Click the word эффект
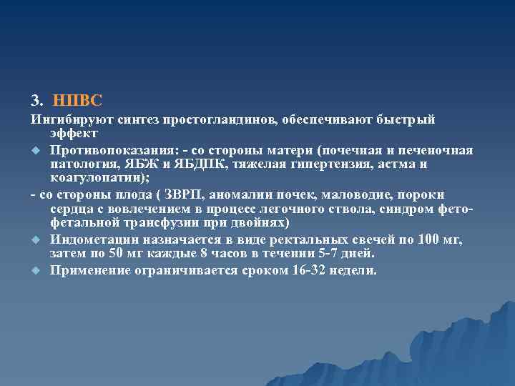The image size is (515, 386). click(74, 133)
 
